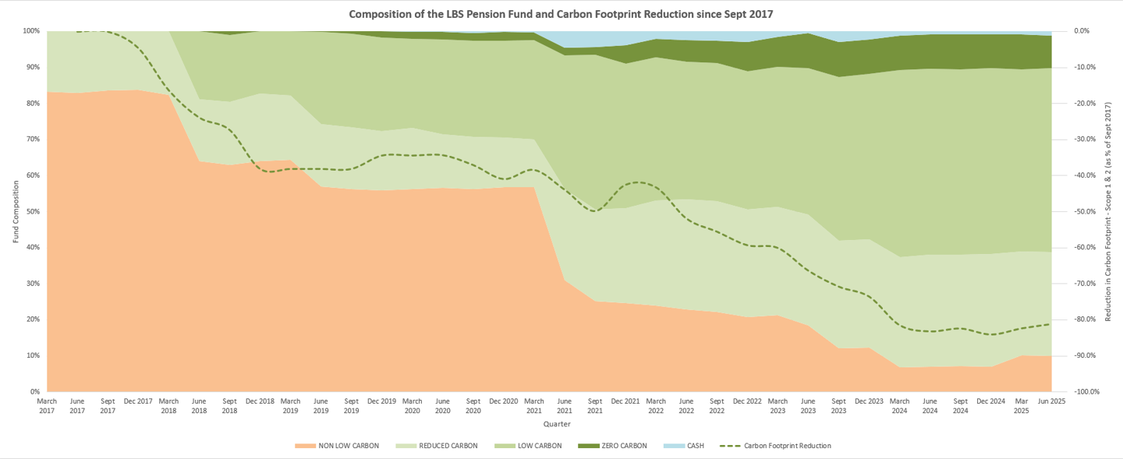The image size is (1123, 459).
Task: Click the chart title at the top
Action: click(x=561, y=14)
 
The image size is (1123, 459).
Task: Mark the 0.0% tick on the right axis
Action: click(x=1083, y=31)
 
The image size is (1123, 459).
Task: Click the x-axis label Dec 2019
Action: click(x=381, y=401)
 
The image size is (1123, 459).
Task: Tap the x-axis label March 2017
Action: click(x=47, y=406)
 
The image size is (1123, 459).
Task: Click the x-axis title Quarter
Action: click(x=557, y=425)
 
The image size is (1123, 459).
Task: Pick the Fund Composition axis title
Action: click(x=16, y=211)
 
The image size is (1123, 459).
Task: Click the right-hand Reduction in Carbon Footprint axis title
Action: click(x=1107, y=211)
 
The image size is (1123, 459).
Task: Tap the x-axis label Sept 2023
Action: click(x=838, y=406)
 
